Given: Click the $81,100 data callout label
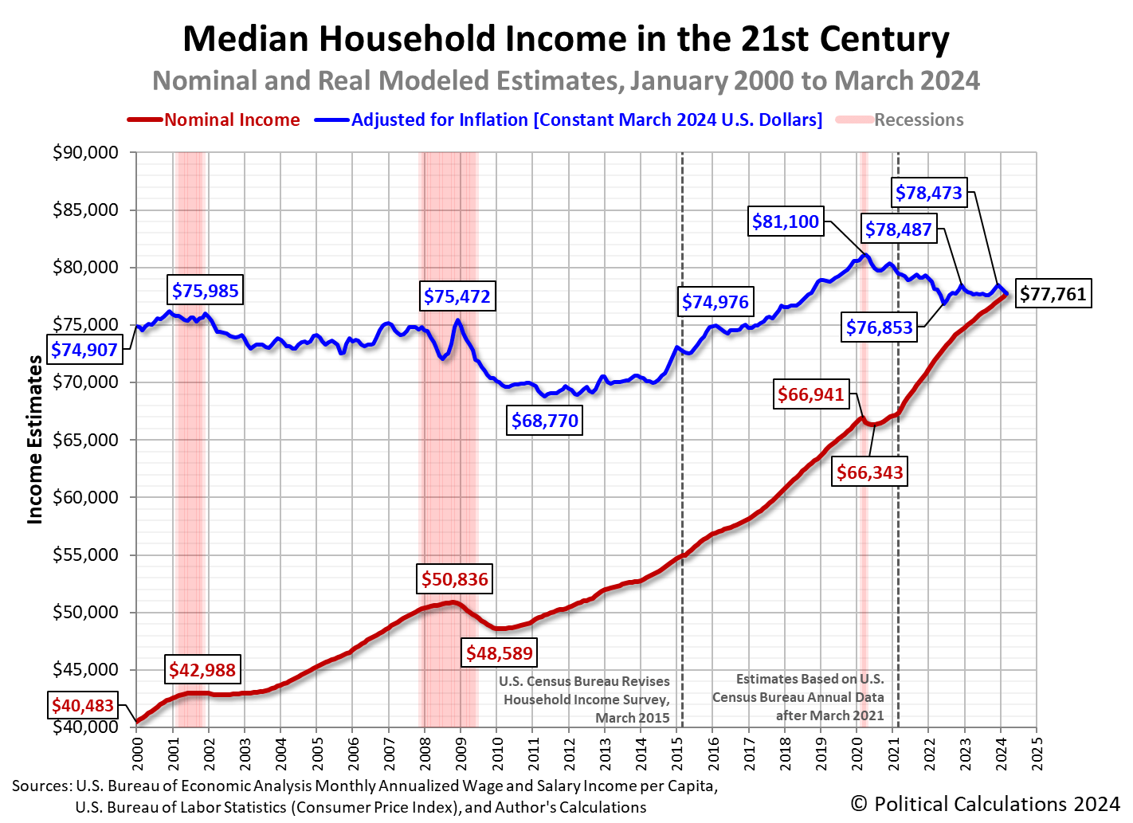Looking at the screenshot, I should pyautogui.click(x=786, y=221).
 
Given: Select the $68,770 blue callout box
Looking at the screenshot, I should pyautogui.click(x=545, y=421).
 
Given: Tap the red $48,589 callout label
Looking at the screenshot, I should pyautogui.click(x=500, y=653).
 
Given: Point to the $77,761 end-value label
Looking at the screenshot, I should pyautogui.click(x=1053, y=294).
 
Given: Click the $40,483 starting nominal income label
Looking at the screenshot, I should pyautogui.click(x=83, y=705).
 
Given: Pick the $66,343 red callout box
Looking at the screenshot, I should pyautogui.click(x=869, y=472).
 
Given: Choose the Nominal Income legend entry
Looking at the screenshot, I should pyautogui.click(x=231, y=120).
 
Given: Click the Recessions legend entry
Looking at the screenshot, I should pyautogui.click(x=918, y=120).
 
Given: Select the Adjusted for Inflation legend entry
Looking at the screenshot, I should pyautogui.click(x=586, y=120).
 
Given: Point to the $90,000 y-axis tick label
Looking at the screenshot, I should pyautogui.click(x=84, y=152).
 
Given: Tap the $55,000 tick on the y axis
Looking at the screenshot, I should pyautogui.click(x=84, y=555).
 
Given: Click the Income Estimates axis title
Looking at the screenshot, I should pyautogui.click(x=35, y=440).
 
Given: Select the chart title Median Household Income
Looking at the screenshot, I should pyautogui.click(x=566, y=39).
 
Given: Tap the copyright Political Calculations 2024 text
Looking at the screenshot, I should pyautogui.click(x=985, y=803).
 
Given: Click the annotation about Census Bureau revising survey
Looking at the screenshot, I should pyautogui.click(x=586, y=700).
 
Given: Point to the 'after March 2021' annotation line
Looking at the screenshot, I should pyautogui.click(x=829, y=715).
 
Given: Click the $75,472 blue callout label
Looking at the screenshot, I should pyautogui.click(x=457, y=297).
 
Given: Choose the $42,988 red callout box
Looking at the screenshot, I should pyautogui.click(x=202, y=670).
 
